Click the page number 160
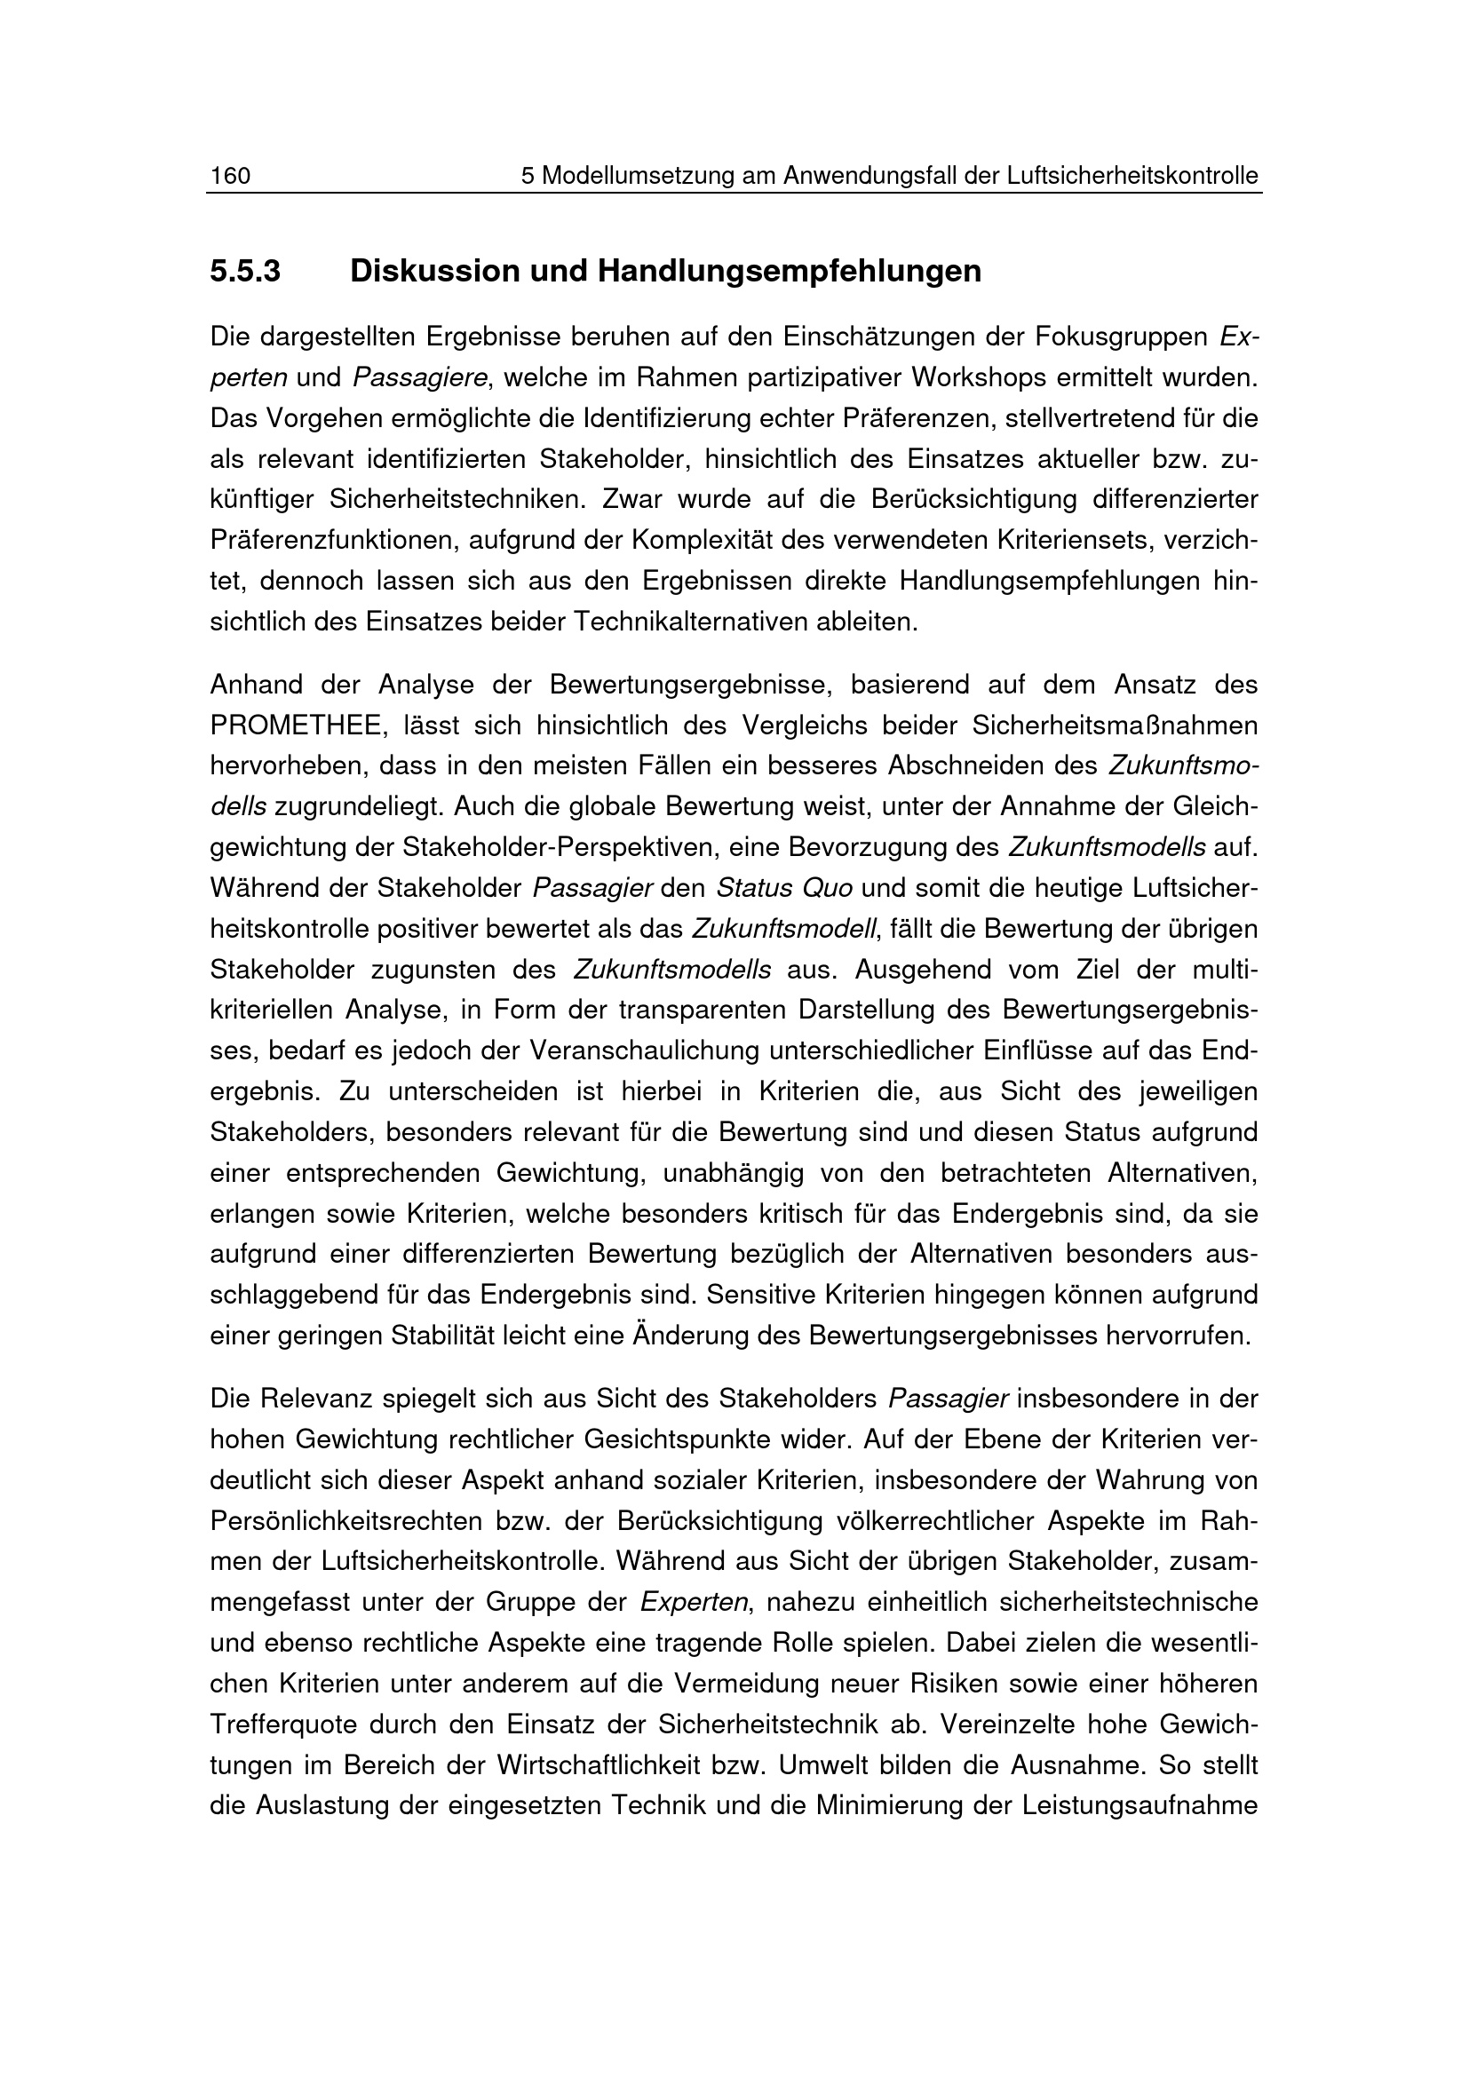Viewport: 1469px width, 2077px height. click(x=230, y=176)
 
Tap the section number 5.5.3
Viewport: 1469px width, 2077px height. click(x=245, y=271)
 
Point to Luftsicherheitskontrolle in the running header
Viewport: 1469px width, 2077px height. click(x=1132, y=176)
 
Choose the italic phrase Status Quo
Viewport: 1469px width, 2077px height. click(x=783, y=888)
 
